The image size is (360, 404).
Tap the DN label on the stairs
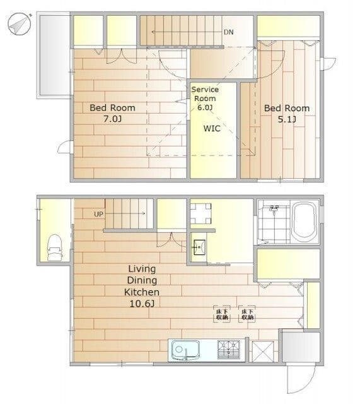228,31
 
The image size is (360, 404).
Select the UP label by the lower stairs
98,214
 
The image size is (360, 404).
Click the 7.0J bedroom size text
112,119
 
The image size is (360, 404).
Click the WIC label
211,128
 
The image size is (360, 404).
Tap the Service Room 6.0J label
204,98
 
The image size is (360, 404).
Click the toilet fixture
54,246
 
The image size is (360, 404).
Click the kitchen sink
183,350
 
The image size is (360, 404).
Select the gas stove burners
228,350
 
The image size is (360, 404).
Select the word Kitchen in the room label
141,292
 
